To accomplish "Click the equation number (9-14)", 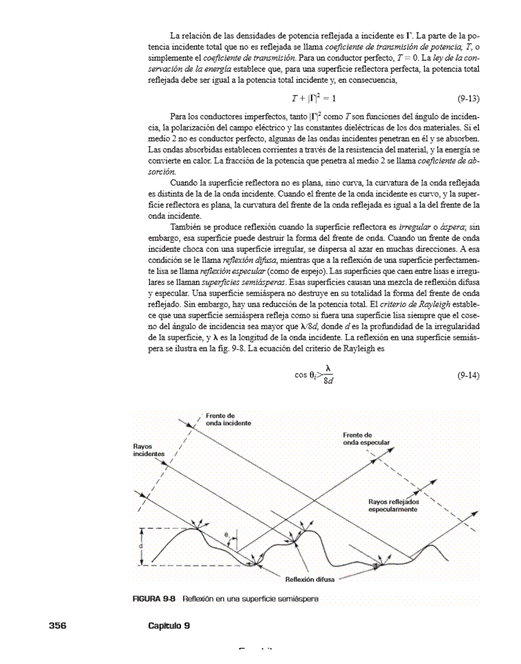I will [x=468, y=375].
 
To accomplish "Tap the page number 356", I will [x=57, y=625].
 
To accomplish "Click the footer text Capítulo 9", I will [x=169, y=625].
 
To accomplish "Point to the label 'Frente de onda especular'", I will [x=366, y=437].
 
